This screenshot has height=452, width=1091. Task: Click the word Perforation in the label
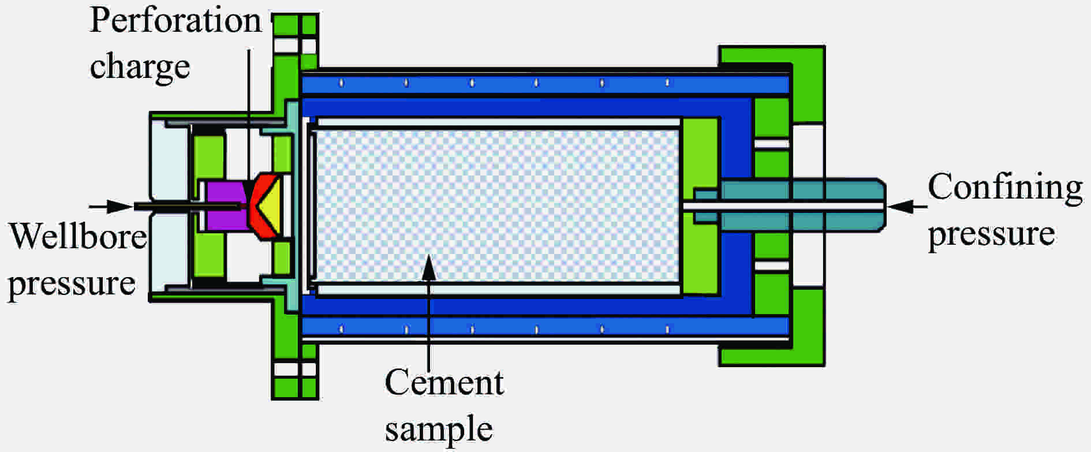(175, 21)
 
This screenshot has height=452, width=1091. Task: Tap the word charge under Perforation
(140, 67)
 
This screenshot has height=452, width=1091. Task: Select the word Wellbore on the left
(78, 236)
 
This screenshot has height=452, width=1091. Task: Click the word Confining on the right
(1005, 188)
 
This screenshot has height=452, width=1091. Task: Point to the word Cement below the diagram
(444, 383)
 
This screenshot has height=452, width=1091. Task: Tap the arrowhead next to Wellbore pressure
(120, 206)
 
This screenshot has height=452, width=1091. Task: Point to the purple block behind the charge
(223, 206)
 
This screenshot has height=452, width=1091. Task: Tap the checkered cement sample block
(497, 206)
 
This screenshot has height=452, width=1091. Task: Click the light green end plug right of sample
(701, 206)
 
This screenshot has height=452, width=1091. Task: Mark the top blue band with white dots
(545, 84)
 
